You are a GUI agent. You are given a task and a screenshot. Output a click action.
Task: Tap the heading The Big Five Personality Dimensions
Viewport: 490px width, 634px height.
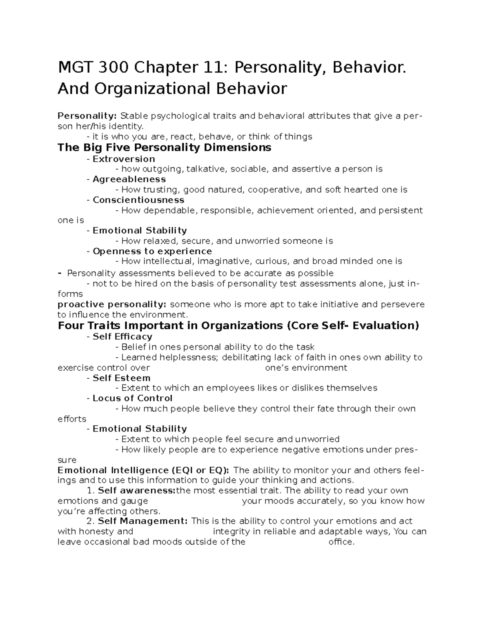coord(164,147)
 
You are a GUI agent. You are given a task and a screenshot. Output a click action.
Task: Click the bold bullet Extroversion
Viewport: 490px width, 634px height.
coord(124,159)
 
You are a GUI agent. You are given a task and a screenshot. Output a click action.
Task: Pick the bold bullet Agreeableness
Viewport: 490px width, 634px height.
coord(129,179)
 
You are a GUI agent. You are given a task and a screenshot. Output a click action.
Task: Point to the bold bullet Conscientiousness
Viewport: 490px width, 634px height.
coord(138,200)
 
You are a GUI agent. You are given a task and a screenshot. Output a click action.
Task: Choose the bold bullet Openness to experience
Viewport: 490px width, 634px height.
coord(152,251)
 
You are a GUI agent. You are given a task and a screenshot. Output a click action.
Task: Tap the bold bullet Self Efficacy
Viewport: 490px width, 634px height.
coord(122,337)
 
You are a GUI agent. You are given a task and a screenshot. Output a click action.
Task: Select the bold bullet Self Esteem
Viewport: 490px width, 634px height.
coord(122,378)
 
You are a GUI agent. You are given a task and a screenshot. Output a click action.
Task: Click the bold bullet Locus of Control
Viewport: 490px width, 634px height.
coord(133,398)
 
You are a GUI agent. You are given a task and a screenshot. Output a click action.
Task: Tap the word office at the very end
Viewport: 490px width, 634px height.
coord(341,542)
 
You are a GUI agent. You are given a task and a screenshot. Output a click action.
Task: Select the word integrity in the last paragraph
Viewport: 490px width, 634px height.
coord(231,532)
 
